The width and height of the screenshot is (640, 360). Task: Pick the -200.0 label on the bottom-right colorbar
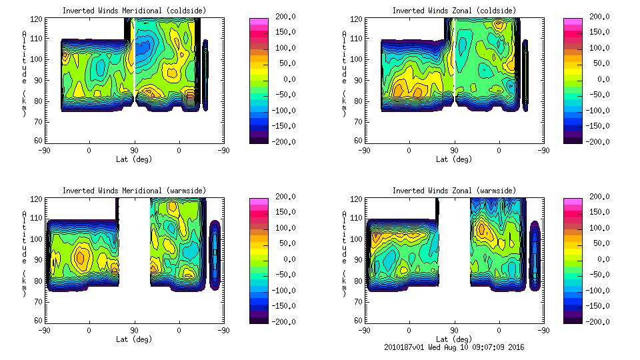coord(601,321)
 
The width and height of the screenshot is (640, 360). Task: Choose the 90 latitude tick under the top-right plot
coord(454,150)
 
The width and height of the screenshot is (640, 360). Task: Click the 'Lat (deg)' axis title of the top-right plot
coord(453,159)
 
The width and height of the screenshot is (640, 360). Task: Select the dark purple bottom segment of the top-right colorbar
coord(574,138)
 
